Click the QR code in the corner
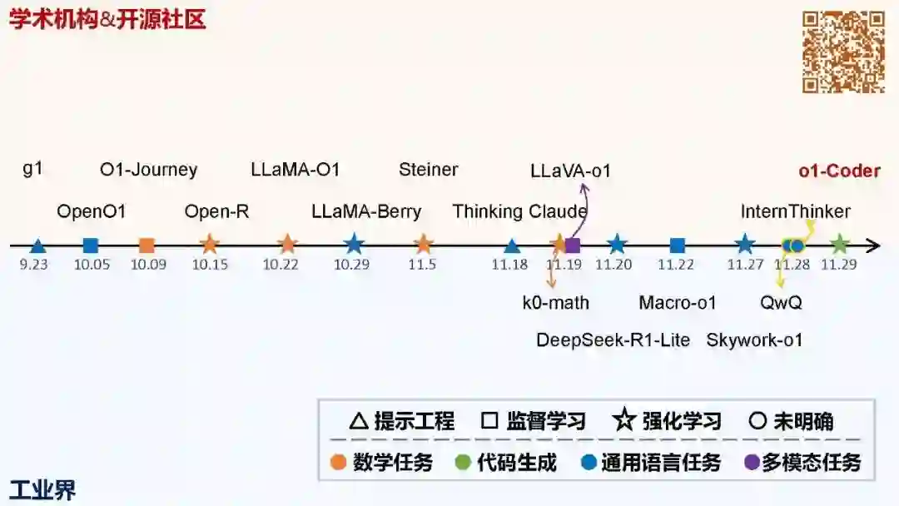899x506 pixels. [842, 52]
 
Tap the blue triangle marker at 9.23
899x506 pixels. [37, 246]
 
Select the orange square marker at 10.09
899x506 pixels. [147, 246]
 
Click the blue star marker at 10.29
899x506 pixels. [354, 245]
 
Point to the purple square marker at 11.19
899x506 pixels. [573, 246]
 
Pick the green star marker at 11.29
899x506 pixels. [839, 245]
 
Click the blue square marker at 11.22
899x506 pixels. [678, 246]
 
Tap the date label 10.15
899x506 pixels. [210, 264]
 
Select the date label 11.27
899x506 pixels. [745, 264]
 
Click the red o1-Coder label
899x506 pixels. [839, 171]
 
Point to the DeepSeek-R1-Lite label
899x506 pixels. [613, 340]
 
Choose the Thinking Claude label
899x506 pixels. [519, 211]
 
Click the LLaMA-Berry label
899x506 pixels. [366, 211]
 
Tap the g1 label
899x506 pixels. [32, 169]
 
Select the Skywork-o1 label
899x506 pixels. [754, 340]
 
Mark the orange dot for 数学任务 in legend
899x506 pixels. [338, 463]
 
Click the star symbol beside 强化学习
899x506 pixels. [624, 421]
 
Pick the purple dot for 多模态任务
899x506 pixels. [752, 463]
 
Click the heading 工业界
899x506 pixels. [42, 490]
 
